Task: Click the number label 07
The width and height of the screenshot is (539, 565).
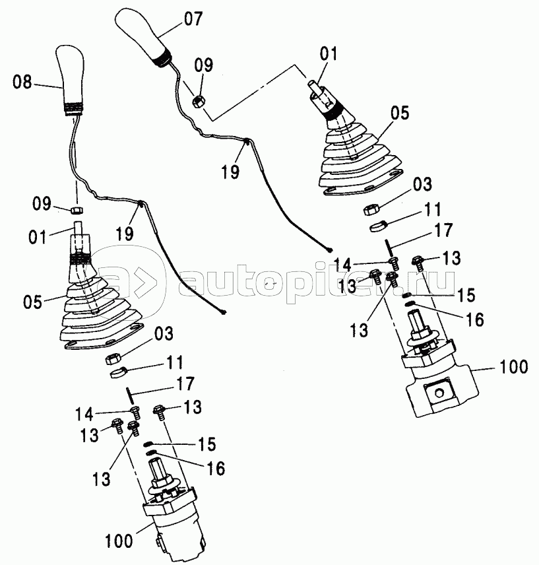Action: pos(193,18)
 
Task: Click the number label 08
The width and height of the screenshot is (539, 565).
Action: pos(22,82)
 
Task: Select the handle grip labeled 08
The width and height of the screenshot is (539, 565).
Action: pos(70,80)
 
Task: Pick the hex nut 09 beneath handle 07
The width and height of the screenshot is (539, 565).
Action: pos(199,101)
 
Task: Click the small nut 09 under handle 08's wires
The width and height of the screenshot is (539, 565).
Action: pos(77,210)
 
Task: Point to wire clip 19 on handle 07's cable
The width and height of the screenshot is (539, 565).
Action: pos(247,141)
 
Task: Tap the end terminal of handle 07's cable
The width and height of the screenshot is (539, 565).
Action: pos(329,249)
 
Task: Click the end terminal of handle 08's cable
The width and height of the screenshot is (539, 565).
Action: pos(224,312)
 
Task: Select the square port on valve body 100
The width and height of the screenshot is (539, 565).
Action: pos(437,393)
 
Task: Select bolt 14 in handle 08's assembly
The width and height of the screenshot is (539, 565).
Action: pos(136,412)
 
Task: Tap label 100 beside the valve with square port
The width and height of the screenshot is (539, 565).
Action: pos(513,367)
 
